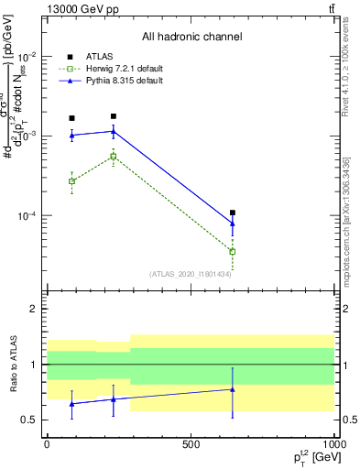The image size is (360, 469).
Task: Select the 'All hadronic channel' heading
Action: [191, 37]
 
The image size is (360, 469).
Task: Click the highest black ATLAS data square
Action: [113, 116]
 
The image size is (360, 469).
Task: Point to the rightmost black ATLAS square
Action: [233, 213]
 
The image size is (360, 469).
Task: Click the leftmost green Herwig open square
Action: [72, 181]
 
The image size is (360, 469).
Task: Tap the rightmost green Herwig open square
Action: [233, 251]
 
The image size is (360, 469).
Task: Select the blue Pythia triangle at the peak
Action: [113, 131]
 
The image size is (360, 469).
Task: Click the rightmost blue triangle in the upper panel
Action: [233, 223]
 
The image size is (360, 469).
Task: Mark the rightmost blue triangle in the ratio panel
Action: [233, 389]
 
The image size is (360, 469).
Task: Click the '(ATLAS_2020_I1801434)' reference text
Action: [190, 274]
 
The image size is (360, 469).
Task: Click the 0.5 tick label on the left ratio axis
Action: [29, 420]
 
